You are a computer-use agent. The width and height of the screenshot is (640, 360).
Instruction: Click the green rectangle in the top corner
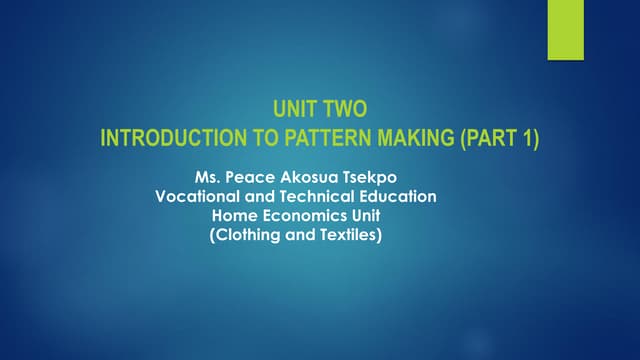(x=565, y=30)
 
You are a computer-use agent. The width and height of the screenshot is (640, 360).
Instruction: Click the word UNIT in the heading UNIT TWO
(x=295, y=113)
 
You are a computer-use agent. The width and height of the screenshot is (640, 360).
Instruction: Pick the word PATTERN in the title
(x=306, y=139)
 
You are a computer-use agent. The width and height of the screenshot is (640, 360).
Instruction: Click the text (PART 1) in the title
(x=499, y=139)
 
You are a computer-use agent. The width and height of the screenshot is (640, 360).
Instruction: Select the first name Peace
(x=249, y=178)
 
